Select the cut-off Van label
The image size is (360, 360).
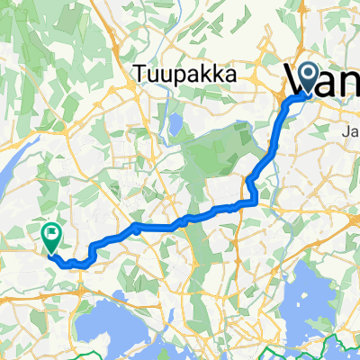click(x=324, y=79)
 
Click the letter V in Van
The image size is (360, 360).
click(x=299, y=79)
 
